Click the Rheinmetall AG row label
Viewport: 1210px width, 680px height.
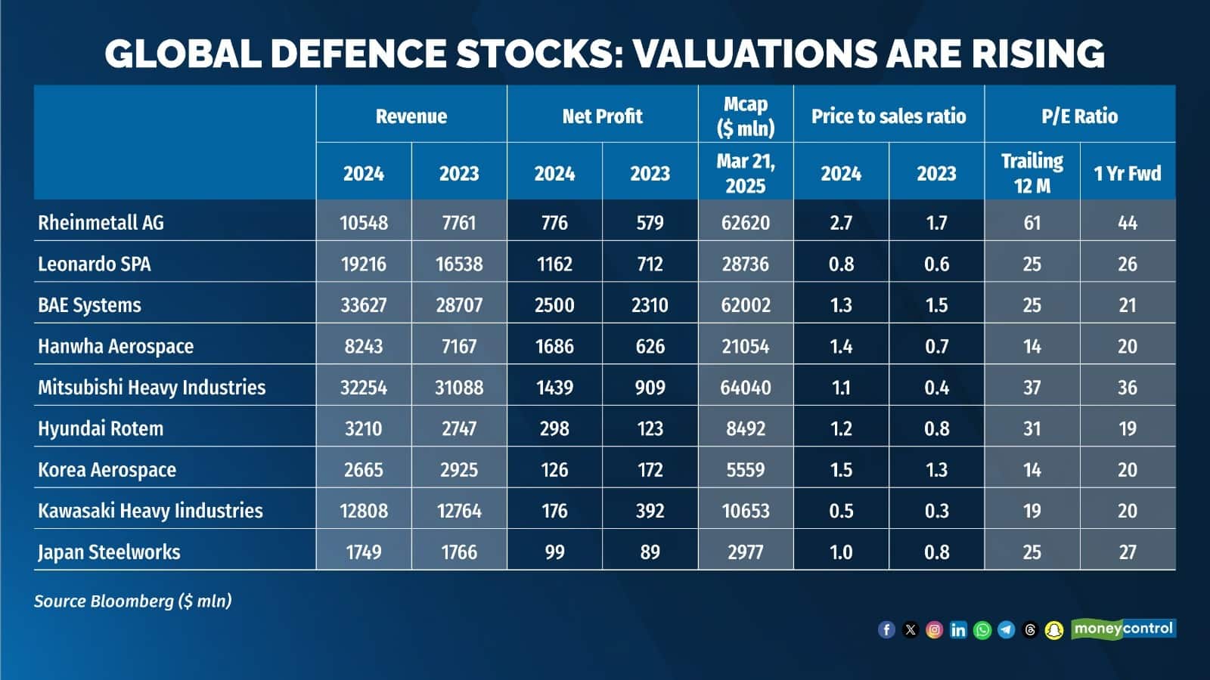[101, 222]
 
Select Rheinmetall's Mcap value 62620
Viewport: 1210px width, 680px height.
[745, 222]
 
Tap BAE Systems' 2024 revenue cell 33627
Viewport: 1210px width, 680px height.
[363, 304]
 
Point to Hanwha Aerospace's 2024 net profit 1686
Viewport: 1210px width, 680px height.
[554, 346]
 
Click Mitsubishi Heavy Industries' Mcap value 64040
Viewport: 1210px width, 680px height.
[745, 387]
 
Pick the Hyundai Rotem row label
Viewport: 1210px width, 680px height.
[101, 428]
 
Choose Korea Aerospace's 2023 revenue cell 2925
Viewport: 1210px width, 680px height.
[459, 469]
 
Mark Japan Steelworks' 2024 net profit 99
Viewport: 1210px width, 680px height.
[554, 552]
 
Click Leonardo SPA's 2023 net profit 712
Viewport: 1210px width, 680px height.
[650, 264]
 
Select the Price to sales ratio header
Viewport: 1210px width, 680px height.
[889, 116]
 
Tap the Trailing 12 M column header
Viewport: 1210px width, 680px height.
[1032, 172]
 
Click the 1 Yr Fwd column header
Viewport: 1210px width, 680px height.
[1127, 173]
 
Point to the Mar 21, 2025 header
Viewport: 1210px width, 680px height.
[745, 172]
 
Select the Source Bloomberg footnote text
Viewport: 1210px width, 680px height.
[133, 601]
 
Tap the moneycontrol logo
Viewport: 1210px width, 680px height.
[1123, 629]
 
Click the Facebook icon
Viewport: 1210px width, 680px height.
[886, 629]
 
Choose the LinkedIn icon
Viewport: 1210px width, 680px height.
[958, 629]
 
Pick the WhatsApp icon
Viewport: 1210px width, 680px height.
[982, 629]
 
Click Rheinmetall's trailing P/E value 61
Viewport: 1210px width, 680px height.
[1032, 222]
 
